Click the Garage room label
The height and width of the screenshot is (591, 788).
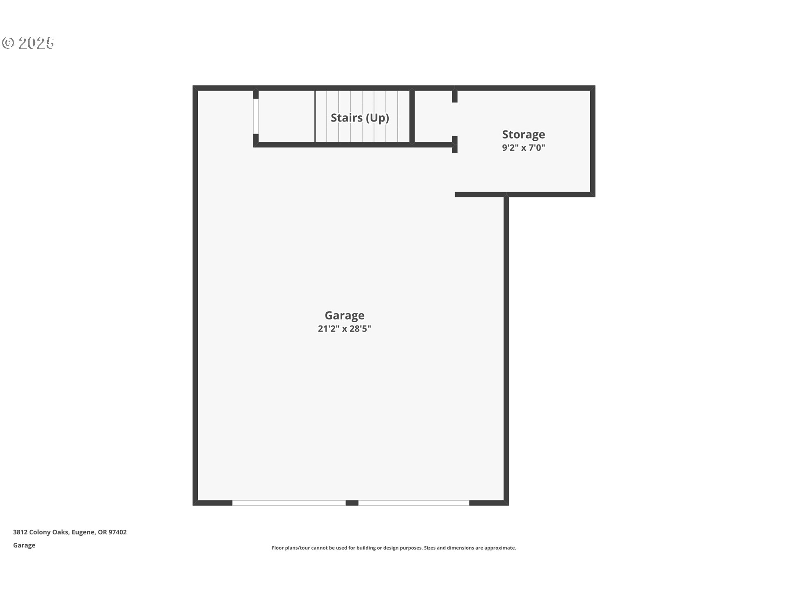[x=344, y=315]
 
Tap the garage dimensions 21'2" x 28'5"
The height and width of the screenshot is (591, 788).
[x=344, y=328]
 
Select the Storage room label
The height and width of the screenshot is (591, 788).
[x=523, y=135]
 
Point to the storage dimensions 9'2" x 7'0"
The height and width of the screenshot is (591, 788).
[x=523, y=148]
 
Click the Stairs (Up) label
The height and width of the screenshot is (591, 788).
[x=360, y=118]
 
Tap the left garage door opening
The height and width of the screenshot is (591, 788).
[x=289, y=503]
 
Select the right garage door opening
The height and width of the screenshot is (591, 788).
[x=414, y=503]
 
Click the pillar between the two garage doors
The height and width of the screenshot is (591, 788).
[x=352, y=503]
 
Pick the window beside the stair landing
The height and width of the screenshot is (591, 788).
[x=256, y=117]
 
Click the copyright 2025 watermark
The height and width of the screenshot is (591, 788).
[x=28, y=43]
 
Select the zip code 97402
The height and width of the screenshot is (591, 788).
[x=117, y=532]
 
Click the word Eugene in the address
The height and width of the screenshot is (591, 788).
[x=84, y=532]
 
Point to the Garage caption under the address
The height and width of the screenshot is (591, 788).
[x=24, y=545]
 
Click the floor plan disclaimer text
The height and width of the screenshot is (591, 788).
[x=394, y=547]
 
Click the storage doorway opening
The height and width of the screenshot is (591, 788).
[x=455, y=119]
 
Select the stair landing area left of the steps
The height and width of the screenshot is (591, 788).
[x=286, y=117]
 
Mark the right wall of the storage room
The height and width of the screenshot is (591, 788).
[x=593, y=141]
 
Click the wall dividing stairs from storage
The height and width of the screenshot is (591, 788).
[x=412, y=117]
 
